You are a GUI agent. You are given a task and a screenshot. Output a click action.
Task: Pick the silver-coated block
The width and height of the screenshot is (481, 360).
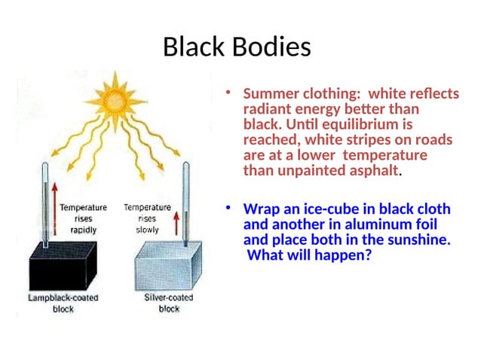[x=167, y=267]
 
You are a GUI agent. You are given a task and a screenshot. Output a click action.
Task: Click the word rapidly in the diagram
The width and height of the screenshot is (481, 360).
[x=82, y=230]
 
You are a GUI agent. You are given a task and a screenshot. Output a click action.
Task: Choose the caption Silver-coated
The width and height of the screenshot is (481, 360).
[x=168, y=297]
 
